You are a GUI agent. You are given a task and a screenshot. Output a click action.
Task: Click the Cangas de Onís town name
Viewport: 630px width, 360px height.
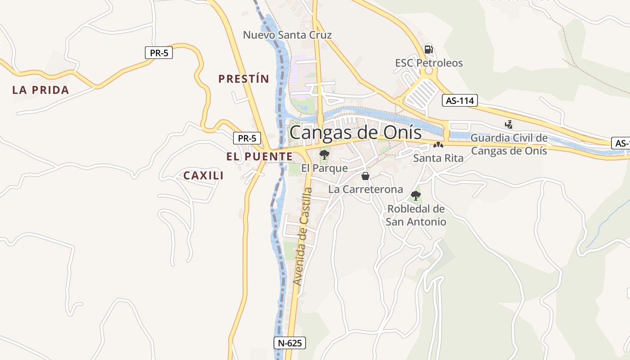pos(355,133)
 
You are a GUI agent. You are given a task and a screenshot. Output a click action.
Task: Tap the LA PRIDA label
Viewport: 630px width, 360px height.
pos(40,90)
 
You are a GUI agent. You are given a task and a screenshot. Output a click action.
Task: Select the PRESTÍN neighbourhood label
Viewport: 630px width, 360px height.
pos(243,79)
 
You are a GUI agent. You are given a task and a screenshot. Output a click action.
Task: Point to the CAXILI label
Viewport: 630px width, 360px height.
pos(203,176)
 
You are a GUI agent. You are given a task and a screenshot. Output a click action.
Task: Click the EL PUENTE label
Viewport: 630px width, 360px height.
pos(259,157)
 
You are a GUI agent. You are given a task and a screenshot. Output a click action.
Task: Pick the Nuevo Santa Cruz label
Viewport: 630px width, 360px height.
pos(287,35)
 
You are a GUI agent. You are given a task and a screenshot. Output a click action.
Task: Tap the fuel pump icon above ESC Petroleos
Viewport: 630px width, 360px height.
pos(429,49)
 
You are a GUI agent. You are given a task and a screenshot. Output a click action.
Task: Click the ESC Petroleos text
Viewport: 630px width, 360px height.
pos(429,63)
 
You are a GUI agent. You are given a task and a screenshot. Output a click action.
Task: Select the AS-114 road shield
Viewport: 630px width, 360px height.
pos(459,100)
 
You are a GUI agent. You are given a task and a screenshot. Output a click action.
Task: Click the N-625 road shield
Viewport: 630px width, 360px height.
pos(290,343)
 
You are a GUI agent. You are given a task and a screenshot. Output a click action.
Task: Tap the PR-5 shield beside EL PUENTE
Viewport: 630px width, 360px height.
pos(247,138)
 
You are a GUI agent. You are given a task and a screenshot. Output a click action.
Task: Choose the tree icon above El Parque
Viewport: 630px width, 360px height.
pos(324,155)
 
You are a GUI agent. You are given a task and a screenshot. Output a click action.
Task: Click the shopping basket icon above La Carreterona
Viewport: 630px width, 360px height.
pos(365,176)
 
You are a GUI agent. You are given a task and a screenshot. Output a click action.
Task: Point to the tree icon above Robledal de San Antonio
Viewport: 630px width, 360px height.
pos(416,196)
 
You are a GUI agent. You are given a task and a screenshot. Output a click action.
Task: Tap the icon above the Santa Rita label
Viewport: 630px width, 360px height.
pos(438,145)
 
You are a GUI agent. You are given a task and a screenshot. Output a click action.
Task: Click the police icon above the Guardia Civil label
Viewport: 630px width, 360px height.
pos(509,124)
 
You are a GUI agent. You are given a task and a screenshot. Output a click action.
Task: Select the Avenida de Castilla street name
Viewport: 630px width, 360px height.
pos(302,237)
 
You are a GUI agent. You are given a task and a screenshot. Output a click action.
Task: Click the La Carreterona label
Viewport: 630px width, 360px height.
pos(365,189)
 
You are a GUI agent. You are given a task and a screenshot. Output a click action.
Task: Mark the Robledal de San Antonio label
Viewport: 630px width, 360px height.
pos(416,216)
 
